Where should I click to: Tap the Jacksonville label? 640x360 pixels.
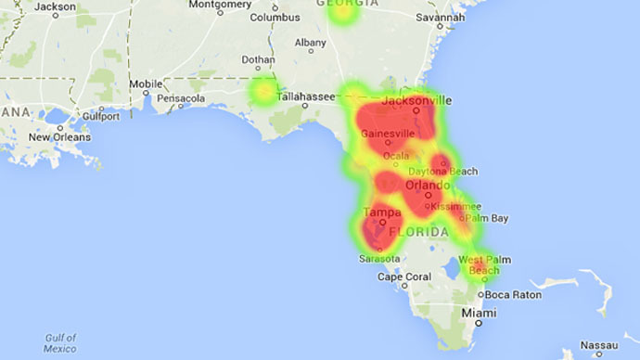click(x=416, y=100)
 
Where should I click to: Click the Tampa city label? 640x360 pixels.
click(x=381, y=212)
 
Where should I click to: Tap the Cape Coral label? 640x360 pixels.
click(x=403, y=276)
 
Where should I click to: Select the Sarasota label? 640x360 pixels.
click(x=379, y=258)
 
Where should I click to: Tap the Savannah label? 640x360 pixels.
click(x=440, y=17)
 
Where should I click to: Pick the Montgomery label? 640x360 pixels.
click(x=220, y=5)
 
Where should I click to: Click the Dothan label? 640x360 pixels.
click(x=257, y=60)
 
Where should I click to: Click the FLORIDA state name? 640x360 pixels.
click(x=418, y=230)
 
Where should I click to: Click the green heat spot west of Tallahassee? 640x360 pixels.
click(x=265, y=91)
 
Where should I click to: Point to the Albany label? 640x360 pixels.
click(x=310, y=43)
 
